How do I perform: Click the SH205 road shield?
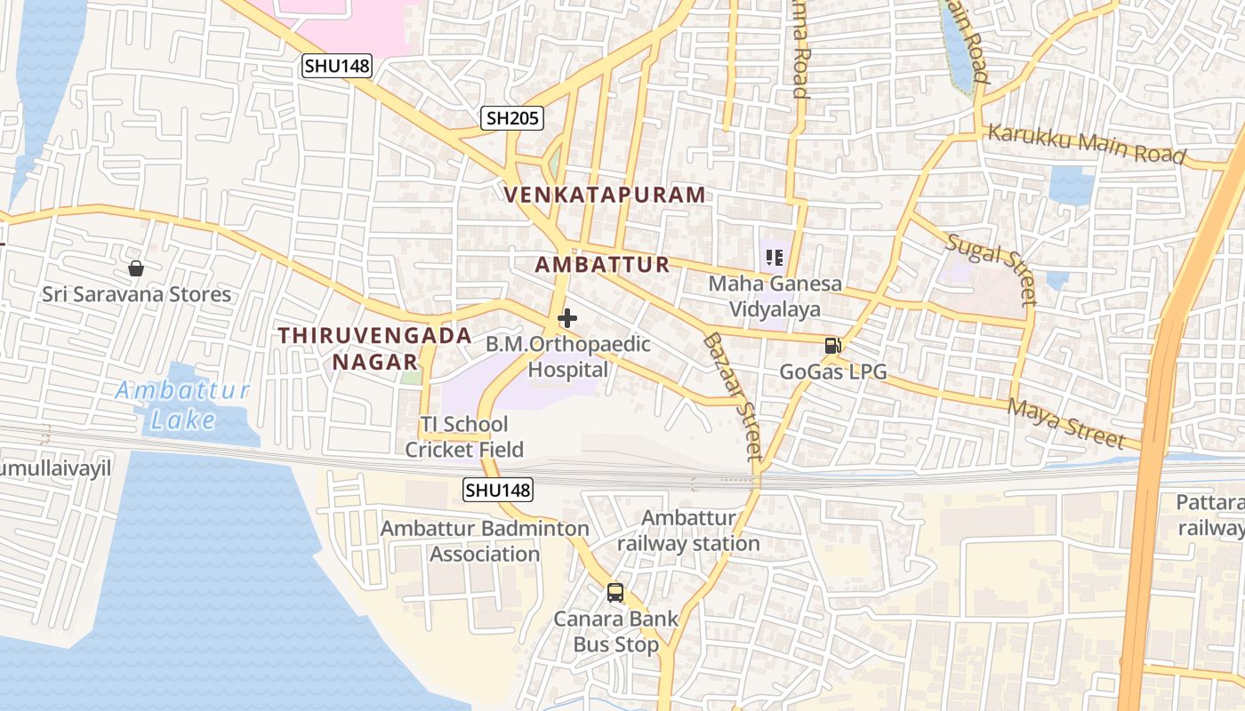click(512, 117)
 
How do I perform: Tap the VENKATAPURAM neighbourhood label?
click(606, 195)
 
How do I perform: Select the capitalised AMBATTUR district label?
click(603, 264)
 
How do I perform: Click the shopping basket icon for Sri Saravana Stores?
click(136, 268)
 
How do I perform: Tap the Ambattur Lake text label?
click(182, 404)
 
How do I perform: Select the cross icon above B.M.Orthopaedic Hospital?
click(567, 318)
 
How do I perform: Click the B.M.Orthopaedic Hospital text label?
click(568, 357)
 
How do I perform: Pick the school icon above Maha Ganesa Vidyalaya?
click(774, 259)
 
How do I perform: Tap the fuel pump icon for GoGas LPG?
click(832, 346)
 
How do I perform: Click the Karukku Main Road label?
click(1087, 144)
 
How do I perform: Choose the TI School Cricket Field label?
click(464, 436)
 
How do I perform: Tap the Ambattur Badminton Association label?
click(485, 541)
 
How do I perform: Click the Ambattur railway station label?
click(688, 531)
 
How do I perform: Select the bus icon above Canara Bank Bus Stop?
click(614, 592)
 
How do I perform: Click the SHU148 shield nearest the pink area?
click(336, 65)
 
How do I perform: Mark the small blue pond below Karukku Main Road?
click(1072, 185)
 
